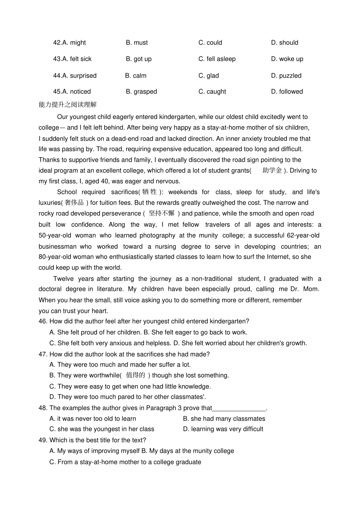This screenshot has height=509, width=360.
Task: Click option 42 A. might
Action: coord(69,43)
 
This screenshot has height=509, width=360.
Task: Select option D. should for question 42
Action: coord(285,43)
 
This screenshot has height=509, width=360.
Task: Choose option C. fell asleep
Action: coord(217,59)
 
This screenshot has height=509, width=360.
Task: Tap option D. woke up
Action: coord(287,59)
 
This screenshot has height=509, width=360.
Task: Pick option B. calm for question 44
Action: coord(136,76)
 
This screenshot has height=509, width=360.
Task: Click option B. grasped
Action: coord(141,92)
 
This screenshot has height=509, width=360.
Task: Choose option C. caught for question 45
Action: coord(212,92)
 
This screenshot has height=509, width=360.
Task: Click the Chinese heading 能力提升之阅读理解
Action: coord(68,105)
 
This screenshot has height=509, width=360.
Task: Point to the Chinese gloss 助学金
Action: coord(272,170)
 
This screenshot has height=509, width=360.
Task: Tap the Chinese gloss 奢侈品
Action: coord(74,203)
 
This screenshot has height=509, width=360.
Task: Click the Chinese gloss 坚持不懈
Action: coord(161,213)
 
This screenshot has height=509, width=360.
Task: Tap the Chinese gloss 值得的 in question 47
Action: coord(136,375)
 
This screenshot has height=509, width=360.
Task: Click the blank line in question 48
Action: coord(239,408)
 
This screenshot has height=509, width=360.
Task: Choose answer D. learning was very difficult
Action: coord(223,429)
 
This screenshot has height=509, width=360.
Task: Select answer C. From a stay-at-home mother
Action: coord(125,462)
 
